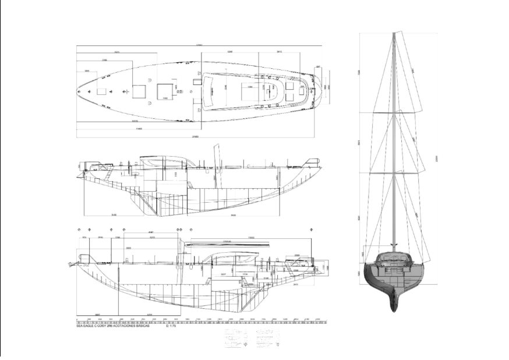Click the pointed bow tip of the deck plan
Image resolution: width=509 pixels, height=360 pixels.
pyautogui.click(x=78, y=91)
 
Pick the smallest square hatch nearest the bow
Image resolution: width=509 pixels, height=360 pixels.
pyautogui.click(x=101, y=91)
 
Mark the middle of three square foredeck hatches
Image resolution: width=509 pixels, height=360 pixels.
pyautogui.click(x=139, y=91)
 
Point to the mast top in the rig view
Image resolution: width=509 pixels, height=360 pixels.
pyautogui.click(x=394, y=34)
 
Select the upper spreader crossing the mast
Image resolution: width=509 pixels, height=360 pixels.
pyautogui.click(x=394, y=112)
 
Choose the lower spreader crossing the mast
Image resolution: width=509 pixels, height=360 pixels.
pyautogui.click(x=394, y=173)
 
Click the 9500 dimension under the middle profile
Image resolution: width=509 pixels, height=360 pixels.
pyautogui.click(x=232, y=215)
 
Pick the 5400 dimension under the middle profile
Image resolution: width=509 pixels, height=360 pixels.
pyautogui.click(x=114, y=215)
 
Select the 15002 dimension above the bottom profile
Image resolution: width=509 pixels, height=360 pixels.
pyautogui.click(x=251, y=238)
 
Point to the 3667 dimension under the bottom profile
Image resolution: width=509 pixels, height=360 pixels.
pyautogui.click(x=97, y=315)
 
